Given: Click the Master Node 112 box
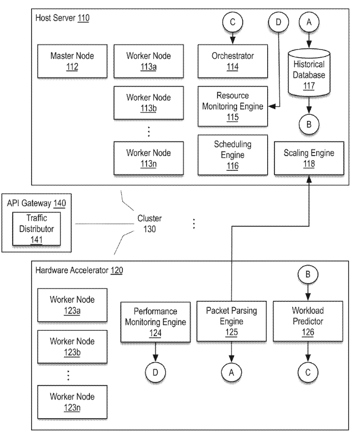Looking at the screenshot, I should pos(72,61).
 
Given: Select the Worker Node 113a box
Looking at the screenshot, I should pos(149,61).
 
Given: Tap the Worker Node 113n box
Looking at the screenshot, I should pos(149,158).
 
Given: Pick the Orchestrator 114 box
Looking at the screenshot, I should pos(233,61).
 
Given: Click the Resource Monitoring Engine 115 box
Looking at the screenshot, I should pos(233,105).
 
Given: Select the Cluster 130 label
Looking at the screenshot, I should pos(149,223).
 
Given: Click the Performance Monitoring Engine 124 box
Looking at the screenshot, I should pos(155,321).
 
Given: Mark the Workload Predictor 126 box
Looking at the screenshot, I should pos(307,321).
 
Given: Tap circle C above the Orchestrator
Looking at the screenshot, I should pos(233,23).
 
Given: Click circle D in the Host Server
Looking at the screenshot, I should pos(278,23).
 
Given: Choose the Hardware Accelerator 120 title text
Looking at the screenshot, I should pos(79,270).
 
